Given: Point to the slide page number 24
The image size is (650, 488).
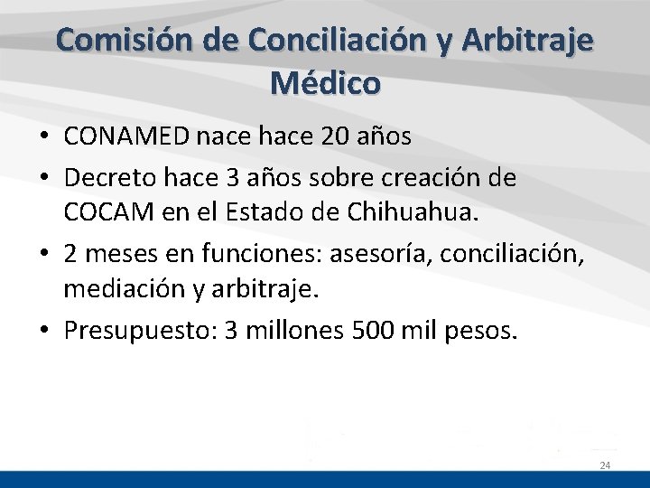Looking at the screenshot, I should (605, 465).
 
